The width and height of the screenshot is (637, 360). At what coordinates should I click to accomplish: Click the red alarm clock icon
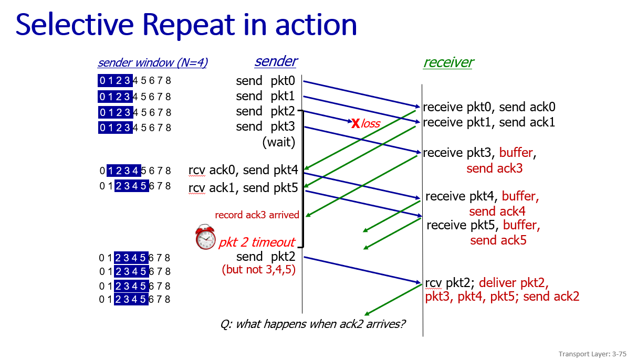(205, 237)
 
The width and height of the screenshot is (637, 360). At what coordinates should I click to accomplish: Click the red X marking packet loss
(356, 123)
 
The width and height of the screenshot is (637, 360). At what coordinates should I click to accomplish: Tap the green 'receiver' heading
(448, 62)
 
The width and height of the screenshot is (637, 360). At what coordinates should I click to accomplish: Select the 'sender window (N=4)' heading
(153, 63)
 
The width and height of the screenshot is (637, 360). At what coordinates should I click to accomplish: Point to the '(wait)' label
(279, 142)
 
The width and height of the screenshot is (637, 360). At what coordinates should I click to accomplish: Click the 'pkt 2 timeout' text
(257, 242)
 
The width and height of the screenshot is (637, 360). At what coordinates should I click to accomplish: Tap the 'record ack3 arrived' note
(257, 215)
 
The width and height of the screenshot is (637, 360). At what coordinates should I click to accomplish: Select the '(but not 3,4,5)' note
(259, 269)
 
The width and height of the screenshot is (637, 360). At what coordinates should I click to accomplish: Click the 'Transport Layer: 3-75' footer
(592, 354)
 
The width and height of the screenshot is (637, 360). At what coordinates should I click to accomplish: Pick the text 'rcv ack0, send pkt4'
(243, 170)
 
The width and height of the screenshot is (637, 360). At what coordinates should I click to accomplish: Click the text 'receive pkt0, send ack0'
(489, 107)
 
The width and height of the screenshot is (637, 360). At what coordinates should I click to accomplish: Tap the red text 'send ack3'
(495, 168)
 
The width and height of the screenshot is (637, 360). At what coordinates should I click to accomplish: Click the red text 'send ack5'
(498, 240)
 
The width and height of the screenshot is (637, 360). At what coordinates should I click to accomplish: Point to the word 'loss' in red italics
(371, 124)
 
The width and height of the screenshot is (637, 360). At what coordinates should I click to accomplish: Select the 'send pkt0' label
(265, 81)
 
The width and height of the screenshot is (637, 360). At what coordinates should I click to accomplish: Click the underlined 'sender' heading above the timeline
(276, 61)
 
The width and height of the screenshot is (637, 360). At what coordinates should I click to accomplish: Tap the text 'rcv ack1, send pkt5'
(243, 188)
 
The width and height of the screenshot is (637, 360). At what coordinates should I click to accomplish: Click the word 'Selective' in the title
(75, 25)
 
